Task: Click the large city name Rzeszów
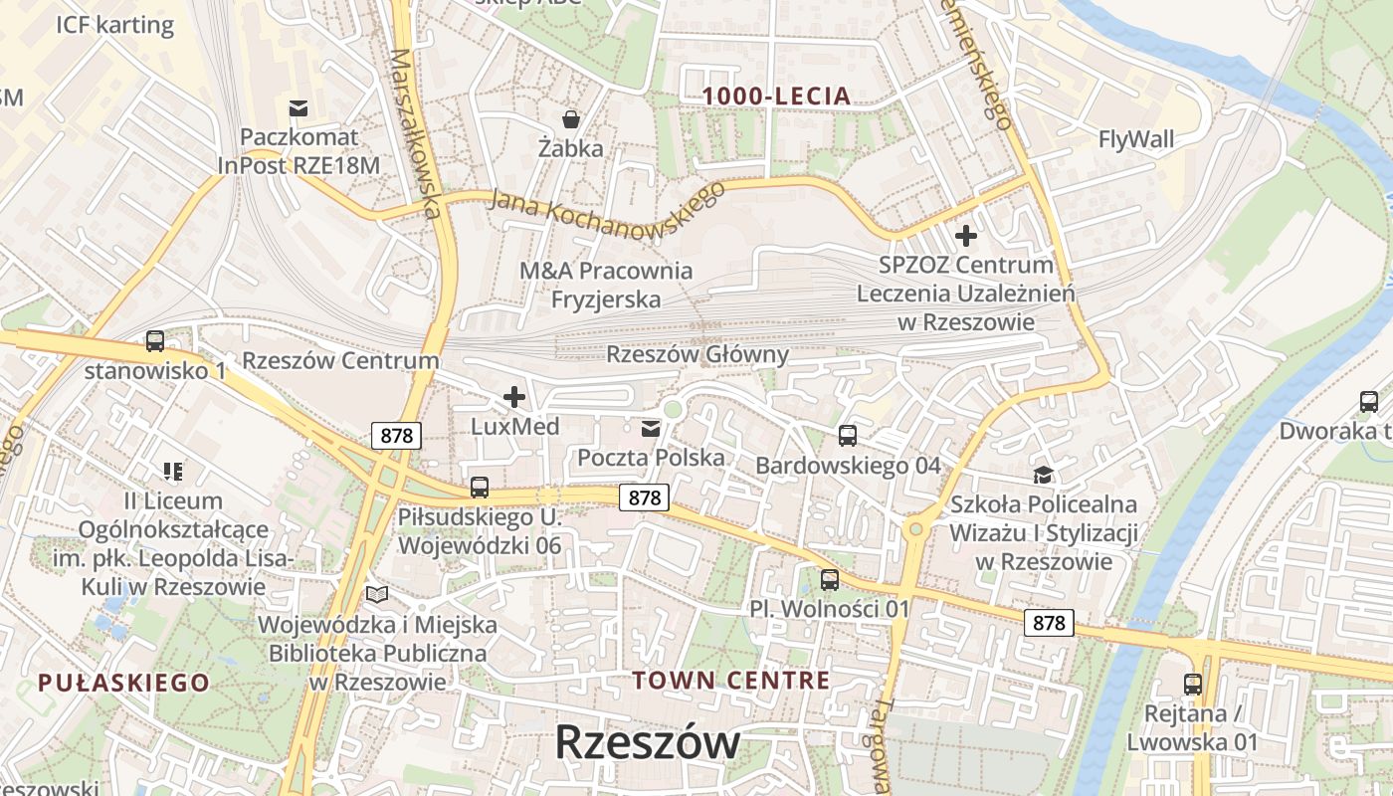(647, 742)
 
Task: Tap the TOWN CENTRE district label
(731, 681)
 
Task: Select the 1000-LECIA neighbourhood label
(777, 97)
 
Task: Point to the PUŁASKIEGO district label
(124, 683)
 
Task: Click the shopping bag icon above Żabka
(571, 119)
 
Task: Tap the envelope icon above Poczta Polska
(651, 429)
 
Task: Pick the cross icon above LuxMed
(514, 398)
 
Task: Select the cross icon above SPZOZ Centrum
(965, 237)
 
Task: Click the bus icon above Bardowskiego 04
(848, 436)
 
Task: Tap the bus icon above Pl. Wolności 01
(830, 579)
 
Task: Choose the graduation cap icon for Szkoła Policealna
(1043, 475)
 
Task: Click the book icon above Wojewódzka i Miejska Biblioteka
(377, 594)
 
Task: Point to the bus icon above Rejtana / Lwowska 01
(1193, 685)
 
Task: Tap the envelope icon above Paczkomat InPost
(298, 107)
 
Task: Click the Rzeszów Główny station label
(697, 354)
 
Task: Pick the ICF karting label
(115, 25)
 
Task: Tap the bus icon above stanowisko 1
(155, 341)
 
